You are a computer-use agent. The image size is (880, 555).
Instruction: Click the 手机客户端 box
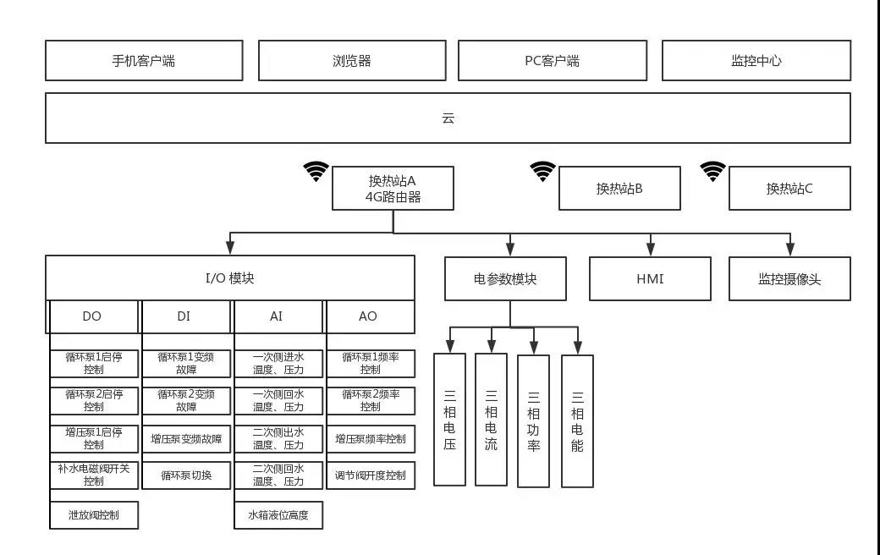tap(143, 61)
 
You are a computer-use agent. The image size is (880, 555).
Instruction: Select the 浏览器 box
tap(352, 61)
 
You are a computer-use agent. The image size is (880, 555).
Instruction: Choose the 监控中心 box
tap(756, 61)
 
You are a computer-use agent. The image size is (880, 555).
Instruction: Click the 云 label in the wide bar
tap(448, 118)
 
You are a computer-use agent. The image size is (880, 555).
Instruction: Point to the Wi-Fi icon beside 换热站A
tap(316, 172)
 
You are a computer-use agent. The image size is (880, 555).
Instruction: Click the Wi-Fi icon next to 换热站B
tap(543, 172)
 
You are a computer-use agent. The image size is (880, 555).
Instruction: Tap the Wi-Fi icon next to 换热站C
tap(713, 172)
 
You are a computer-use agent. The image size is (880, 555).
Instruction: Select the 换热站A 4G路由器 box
tap(393, 189)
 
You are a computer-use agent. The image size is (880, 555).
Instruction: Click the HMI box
tap(650, 278)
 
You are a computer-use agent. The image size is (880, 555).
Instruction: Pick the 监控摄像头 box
tap(789, 278)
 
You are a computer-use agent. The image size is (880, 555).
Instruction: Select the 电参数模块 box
tap(505, 278)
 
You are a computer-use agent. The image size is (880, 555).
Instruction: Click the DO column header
tap(92, 316)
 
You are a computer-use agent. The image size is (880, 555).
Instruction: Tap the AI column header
tap(277, 316)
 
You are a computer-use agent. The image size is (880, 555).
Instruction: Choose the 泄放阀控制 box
tap(93, 514)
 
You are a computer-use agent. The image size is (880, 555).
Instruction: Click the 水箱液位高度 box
tap(278, 514)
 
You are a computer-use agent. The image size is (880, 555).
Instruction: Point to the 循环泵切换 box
tap(186, 475)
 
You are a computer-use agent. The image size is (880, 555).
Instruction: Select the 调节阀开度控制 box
tap(371, 475)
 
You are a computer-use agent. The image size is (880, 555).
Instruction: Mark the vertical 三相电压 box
tap(449, 420)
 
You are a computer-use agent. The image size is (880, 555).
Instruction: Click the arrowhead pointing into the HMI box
tap(650, 250)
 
